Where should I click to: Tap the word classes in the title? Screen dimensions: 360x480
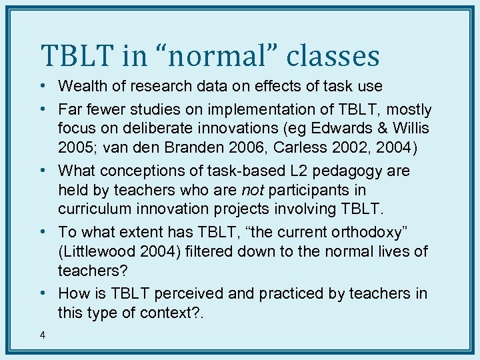[x=333, y=56]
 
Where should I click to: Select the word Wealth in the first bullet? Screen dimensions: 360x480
[x=82, y=86]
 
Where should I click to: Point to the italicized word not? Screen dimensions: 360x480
[x=253, y=190]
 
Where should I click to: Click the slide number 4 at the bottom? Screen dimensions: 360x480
[x=43, y=335]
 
